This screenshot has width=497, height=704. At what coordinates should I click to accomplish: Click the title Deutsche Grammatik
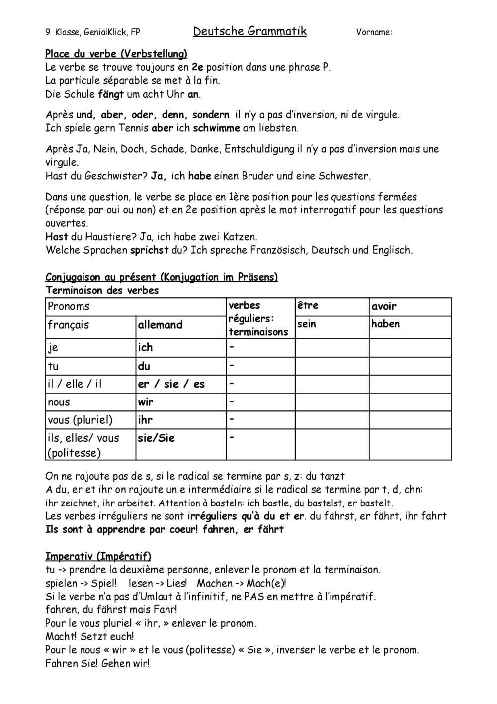[249, 31]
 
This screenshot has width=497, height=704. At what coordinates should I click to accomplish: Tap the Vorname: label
[374, 33]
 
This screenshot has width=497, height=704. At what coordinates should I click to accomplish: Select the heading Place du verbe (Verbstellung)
[116, 54]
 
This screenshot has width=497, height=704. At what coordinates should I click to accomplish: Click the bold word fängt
[111, 94]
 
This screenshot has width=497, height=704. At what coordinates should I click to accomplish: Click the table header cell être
[308, 305]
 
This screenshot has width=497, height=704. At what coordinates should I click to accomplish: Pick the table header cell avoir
[384, 306]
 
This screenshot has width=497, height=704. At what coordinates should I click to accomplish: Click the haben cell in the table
[385, 324]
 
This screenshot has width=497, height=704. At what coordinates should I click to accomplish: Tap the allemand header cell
[160, 325]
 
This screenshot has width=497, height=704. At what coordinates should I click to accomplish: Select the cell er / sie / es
[171, 384]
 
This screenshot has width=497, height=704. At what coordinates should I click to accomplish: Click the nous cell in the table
[59, 402]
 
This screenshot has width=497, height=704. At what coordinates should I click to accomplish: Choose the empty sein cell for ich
[332, 348]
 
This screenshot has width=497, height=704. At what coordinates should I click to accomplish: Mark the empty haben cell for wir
[410, 402]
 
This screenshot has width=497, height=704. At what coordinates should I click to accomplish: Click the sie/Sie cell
[156, 438]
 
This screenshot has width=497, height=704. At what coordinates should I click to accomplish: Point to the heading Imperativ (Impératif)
[98, 556]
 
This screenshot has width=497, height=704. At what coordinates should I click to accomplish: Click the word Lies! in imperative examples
[176, 583]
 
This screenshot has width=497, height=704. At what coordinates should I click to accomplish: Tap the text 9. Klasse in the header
[63, 33]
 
